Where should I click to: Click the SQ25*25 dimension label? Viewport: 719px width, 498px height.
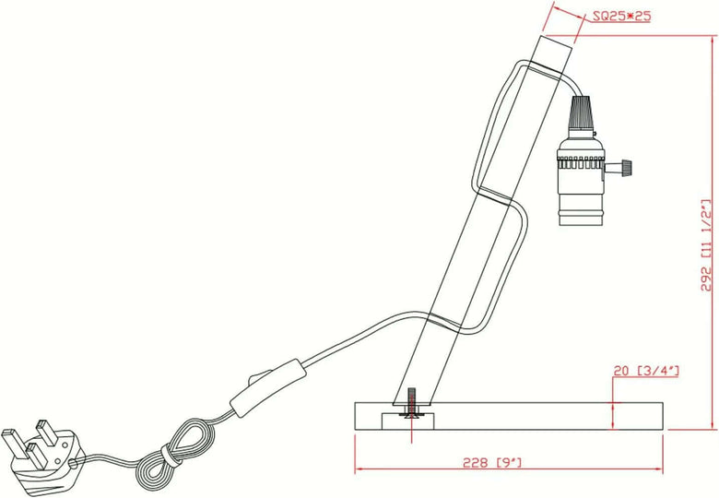(x=621, y=16)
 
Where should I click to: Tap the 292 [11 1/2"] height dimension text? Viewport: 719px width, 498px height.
(x=707, y=245)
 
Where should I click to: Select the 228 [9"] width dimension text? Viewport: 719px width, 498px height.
(x=492, y=462)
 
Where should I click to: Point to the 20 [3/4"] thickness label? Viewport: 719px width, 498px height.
(x=646, y=371)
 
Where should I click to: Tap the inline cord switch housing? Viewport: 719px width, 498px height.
(x=268, y=388)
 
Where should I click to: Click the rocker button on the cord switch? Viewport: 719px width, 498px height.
(x=258, y=377)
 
